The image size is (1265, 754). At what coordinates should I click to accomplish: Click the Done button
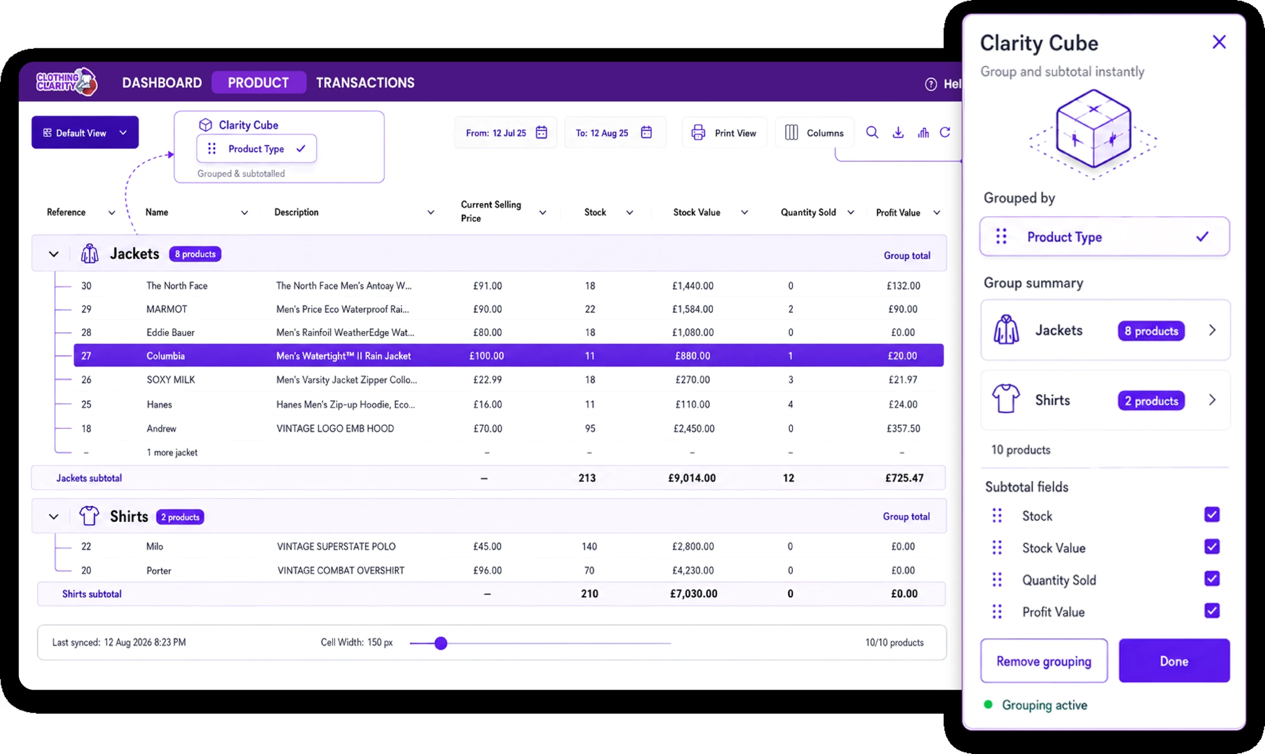1174,661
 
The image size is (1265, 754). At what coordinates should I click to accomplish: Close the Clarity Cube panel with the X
1219,42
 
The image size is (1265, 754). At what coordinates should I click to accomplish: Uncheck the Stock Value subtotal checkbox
1212,546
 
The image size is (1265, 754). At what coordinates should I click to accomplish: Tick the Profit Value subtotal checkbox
1212,610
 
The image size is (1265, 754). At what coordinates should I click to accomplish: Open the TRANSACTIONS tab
365,83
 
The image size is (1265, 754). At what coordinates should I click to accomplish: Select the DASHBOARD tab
162,83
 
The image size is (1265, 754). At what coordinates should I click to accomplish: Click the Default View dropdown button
85,132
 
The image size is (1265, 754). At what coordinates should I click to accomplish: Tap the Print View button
724,133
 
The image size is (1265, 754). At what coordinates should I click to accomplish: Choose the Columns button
814,133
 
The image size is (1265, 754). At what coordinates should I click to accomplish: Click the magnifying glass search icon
872,132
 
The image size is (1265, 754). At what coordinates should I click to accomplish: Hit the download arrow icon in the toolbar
898,132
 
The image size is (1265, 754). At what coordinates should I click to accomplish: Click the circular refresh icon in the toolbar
945,132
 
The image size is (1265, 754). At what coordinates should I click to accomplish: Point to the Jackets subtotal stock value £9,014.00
692,478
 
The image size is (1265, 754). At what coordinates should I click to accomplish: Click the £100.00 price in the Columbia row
486,356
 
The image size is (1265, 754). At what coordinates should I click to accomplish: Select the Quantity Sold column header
808,212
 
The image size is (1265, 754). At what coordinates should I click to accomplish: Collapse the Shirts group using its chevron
53,517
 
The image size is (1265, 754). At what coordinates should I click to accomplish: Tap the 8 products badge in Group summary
1151,331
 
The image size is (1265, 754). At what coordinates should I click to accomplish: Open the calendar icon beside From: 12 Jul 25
541,132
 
